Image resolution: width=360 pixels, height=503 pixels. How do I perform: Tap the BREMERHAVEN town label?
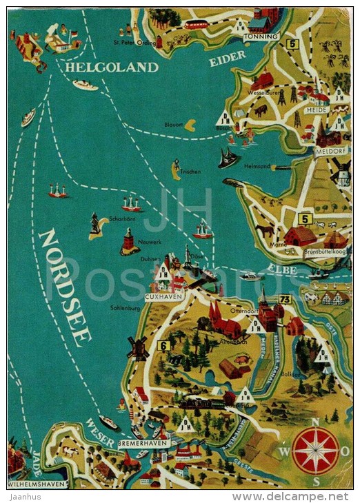click(x=143, y=443)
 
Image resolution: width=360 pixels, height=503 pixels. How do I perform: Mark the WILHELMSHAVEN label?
click(x=37, y=484)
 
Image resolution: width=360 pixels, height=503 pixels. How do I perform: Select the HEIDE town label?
click(x=317, y=110)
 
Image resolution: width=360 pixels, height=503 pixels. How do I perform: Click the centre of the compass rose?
click(x=315, y=451)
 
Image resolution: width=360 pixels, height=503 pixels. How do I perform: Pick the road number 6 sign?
click(x=163, y=346)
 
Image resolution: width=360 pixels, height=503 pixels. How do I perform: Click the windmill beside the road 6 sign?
click(x=138, y=348)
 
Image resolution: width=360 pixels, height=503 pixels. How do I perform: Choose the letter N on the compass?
click(x=316, y=422)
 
